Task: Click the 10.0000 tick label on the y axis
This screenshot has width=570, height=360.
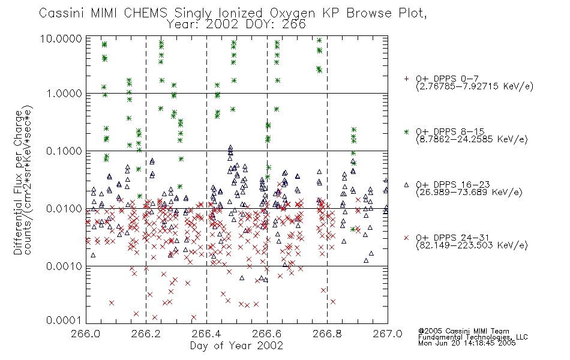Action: click(x=61, y=39)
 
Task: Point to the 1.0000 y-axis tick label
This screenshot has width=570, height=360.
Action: click(x=64, y=94)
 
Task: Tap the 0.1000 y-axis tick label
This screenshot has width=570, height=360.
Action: click(x=64, y=151)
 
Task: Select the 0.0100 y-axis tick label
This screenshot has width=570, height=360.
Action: click(x=64, y=209)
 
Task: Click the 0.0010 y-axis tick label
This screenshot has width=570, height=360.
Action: click(x=64, y=266)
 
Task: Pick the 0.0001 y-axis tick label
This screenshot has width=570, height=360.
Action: click(x=64, y=320)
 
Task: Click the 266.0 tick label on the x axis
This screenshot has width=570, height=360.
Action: click(x=85, y=334)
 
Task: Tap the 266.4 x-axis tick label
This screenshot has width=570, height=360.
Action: click(x=206, y=334)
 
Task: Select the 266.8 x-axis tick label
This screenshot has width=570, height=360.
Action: click(x=327, y=334)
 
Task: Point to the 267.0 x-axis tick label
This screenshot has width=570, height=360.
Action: click(x=388, y=334)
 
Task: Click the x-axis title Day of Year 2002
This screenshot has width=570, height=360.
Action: click(x=236, y=346)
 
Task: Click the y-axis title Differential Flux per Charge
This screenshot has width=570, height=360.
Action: click(x=18, y=182)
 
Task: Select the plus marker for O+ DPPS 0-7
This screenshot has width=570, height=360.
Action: click(x=406, y=79)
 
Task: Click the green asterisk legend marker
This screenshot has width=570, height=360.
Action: click(x=406, y=131)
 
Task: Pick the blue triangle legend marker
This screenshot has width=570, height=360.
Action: click(x=406, y=185)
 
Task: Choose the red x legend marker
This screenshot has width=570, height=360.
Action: click(x=406, y=238)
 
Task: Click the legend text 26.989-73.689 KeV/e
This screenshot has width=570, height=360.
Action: click(x=469, y=193)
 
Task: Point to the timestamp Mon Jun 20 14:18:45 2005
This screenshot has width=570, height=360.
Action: click(x=467, y=343)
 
